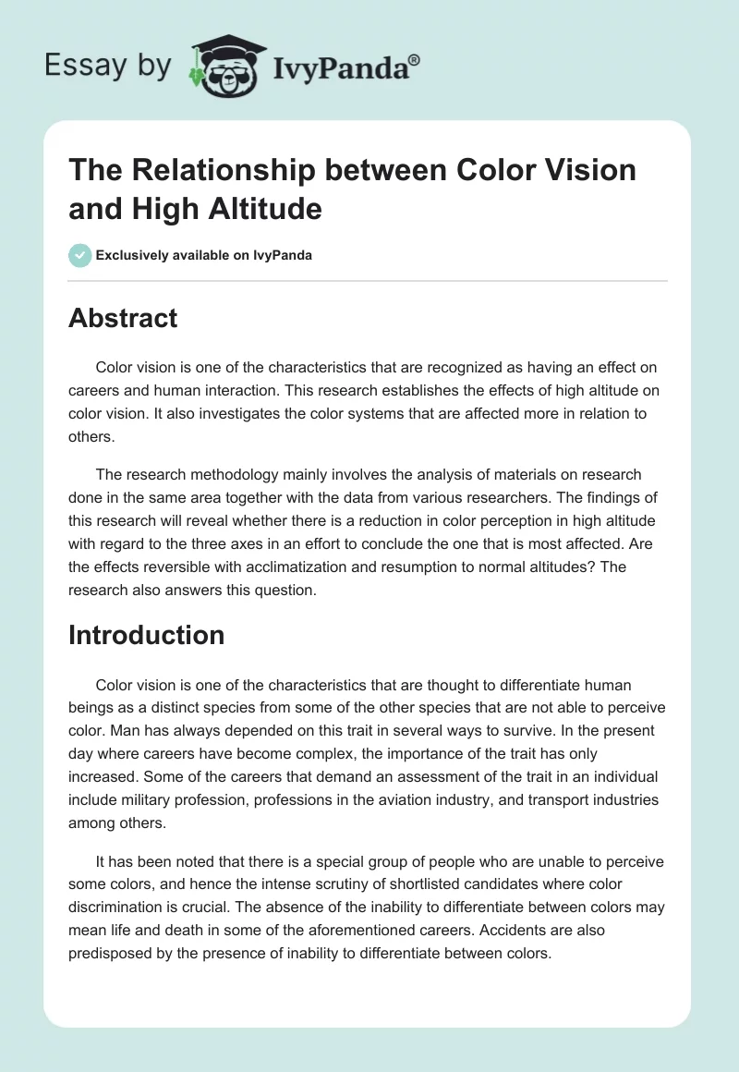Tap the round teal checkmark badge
click(80, 255)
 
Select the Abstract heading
click(123, 318)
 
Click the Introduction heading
click(147, 635)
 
